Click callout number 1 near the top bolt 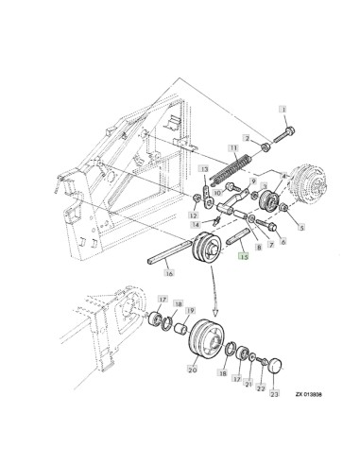[283, 110]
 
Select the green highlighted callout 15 [244, 257]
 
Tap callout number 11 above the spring [233, 147]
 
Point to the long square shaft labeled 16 [170, 251]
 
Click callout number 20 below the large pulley [192, 370]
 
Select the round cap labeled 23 [276, 366]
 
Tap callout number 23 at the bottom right [274, 393]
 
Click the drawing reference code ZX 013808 [308, 394]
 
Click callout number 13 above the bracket [204, 169]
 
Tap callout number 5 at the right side [301, 227]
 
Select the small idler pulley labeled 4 [269, 200]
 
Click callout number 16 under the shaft [169, 273]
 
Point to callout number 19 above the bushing [190, 311]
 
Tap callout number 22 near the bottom [261, 388]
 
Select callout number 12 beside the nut [193, 215]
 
